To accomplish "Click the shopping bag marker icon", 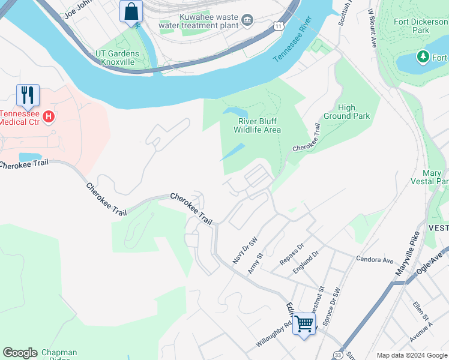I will tap(131, 11).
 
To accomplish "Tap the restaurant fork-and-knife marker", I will tap(28, 95).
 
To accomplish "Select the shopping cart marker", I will tap(304, 324).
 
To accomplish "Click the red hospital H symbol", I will tap(49, 116).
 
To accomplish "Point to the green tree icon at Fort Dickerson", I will tap(423, 57).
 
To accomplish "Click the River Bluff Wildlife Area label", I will tap(257, 125).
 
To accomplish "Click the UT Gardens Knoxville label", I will tap(117, 58).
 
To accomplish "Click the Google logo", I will tap(20, 353).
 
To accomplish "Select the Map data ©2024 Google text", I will tap(411, 355).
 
